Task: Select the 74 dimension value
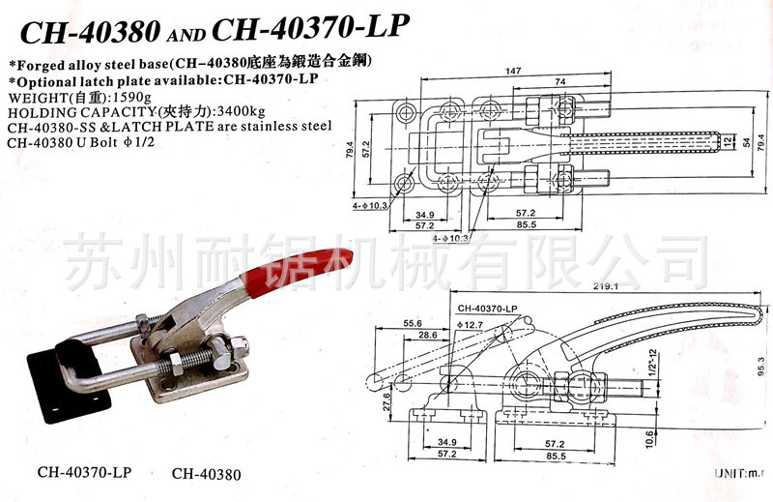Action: click(560, 84)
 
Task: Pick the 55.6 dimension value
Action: click(414, 323)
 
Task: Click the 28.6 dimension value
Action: click(429, 334)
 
